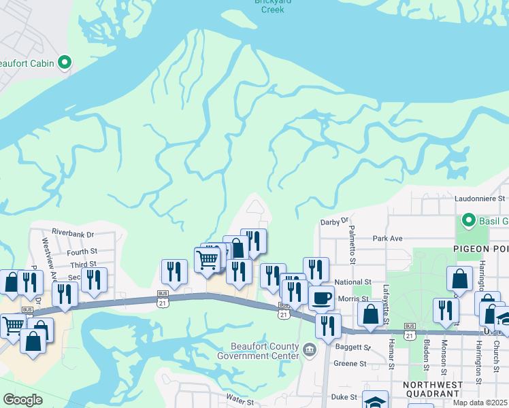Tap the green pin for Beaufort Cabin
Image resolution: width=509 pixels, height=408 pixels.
pos(65,63)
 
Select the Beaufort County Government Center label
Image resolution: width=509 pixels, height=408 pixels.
pos(258,351)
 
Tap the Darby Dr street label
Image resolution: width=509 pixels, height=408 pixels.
pos(334,221)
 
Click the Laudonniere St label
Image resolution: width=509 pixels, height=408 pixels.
pos(480,199)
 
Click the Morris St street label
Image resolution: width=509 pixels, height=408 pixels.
pos(354,299)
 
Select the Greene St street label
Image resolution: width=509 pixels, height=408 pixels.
pos(350,364)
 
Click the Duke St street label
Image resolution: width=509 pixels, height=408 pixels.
pos(344,397)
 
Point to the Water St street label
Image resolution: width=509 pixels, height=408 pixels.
pos(240,402)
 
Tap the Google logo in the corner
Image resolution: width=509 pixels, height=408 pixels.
pos(22,400)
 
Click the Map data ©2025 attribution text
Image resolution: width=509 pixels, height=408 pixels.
pos(480,403)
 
